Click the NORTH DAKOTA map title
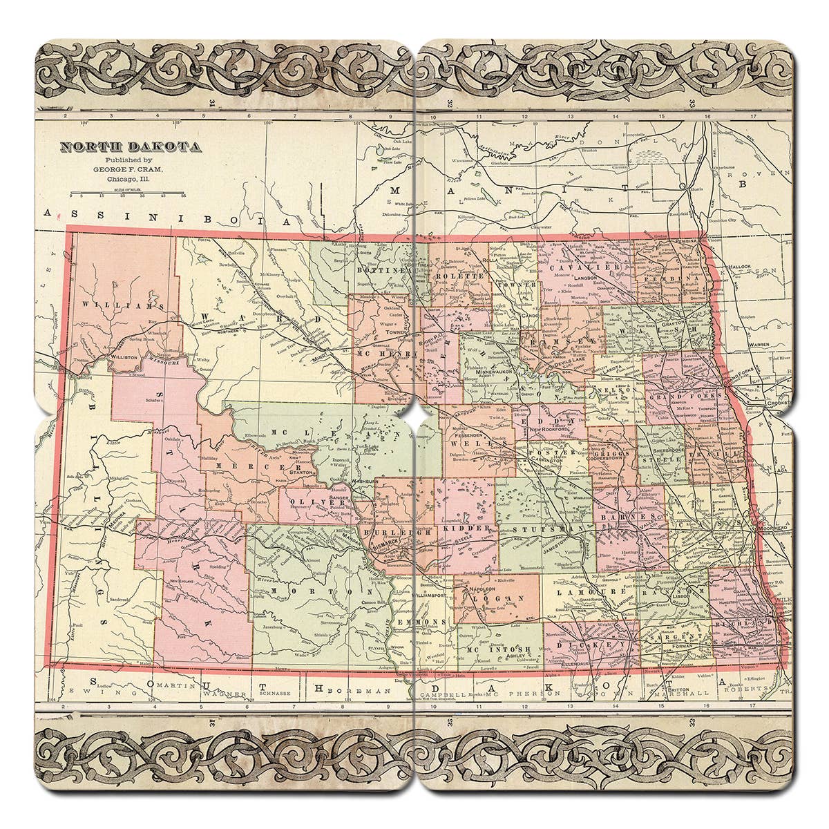[x=131, y=146]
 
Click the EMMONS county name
[x=423, y=622]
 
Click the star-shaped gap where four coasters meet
[x=414, y=414]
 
